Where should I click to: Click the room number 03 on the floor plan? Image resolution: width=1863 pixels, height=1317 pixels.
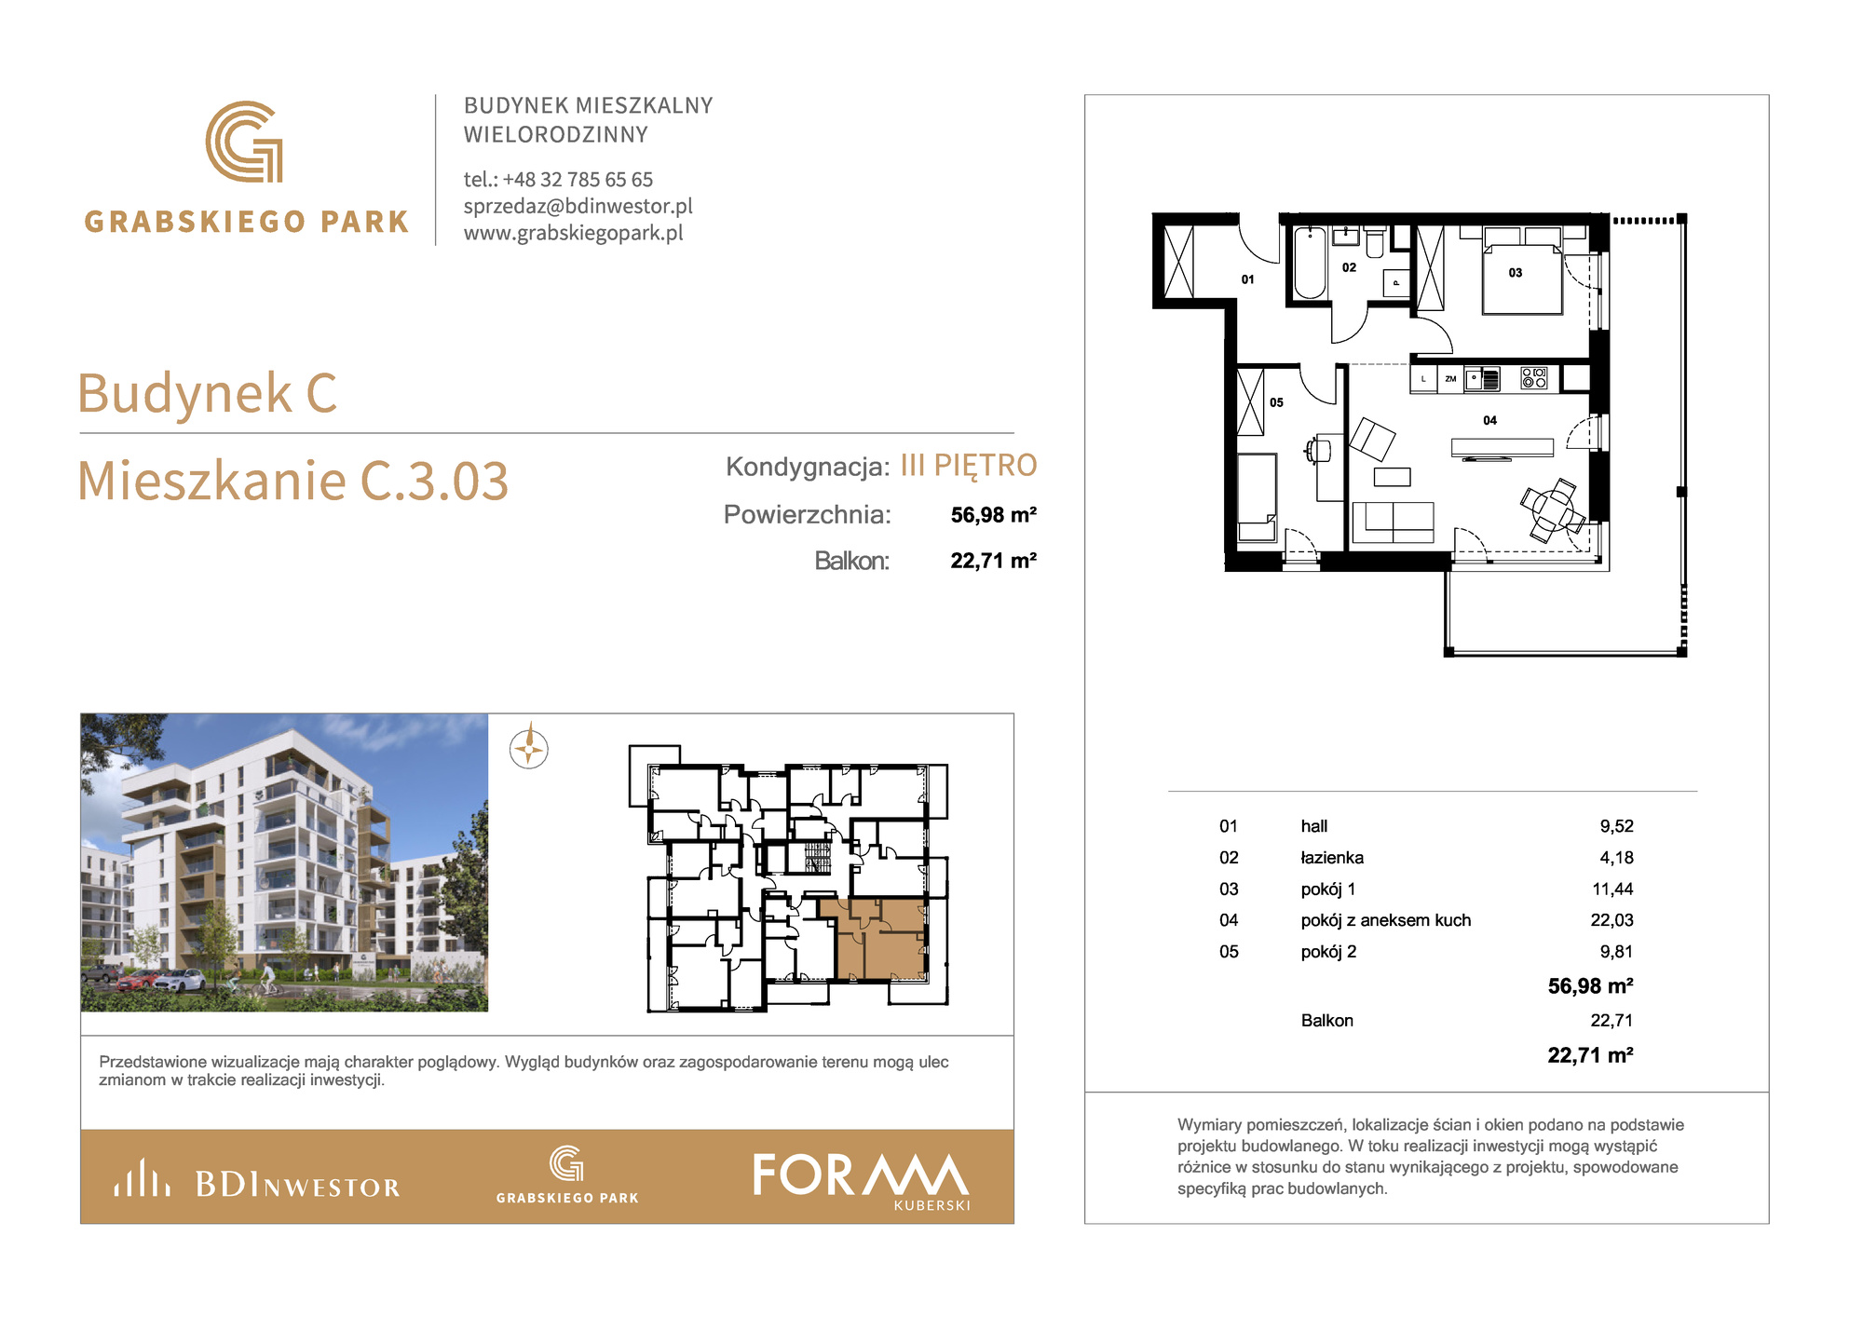(x=1516, y=273)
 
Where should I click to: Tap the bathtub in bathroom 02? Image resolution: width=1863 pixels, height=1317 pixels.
(x=1311, y=262)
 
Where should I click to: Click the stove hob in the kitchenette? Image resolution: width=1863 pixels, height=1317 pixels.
(x=1533, y=378)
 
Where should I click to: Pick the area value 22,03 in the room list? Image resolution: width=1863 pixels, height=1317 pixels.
(x=1611, y=920)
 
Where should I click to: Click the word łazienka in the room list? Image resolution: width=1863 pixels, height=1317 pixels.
(x=1332, y=858)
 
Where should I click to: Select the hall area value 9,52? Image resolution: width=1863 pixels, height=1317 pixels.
(x=1617, y=826)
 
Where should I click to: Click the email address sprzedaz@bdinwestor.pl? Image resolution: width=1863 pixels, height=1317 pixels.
(x=578, y=206)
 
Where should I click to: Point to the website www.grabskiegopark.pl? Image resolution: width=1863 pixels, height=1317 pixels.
(x=574, y=233)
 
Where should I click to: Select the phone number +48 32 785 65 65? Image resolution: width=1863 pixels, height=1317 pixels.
(x=578, y=179)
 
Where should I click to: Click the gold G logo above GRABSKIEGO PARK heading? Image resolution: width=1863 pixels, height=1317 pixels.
(x=244, y=142)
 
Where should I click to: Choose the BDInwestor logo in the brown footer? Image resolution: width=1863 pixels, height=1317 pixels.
(x=257, y=1180)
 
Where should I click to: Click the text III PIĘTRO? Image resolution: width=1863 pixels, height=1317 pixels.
(x=969, y=466)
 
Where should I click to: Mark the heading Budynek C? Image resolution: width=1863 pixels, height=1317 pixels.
(x=207, y=393)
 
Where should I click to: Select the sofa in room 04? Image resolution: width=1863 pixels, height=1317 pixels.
(x=1393, y=522)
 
